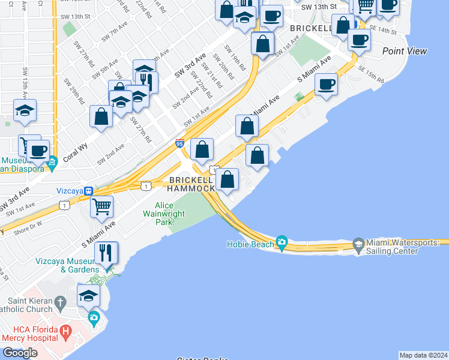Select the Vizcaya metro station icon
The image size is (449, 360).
88,191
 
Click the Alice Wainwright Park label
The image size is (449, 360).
156,213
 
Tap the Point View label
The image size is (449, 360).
405,52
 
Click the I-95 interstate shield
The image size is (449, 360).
179,143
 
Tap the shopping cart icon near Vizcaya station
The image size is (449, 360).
101,207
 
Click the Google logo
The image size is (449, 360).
20,353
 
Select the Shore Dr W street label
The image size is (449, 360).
28,226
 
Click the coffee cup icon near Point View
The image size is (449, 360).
359,41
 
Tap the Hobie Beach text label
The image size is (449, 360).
250,244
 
